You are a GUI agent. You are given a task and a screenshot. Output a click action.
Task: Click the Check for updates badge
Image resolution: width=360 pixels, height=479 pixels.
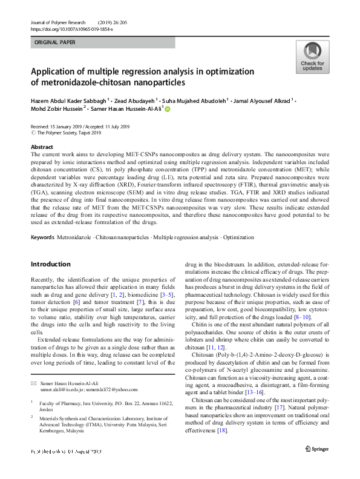tap(312, 58)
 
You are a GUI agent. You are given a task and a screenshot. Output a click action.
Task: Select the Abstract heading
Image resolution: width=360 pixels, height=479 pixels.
tap(42, 147)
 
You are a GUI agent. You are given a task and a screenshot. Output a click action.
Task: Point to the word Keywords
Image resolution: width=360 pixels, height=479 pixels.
tap(42, 238)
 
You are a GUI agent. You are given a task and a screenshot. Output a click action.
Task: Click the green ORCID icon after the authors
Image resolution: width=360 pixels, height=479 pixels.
tap(168, 110)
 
